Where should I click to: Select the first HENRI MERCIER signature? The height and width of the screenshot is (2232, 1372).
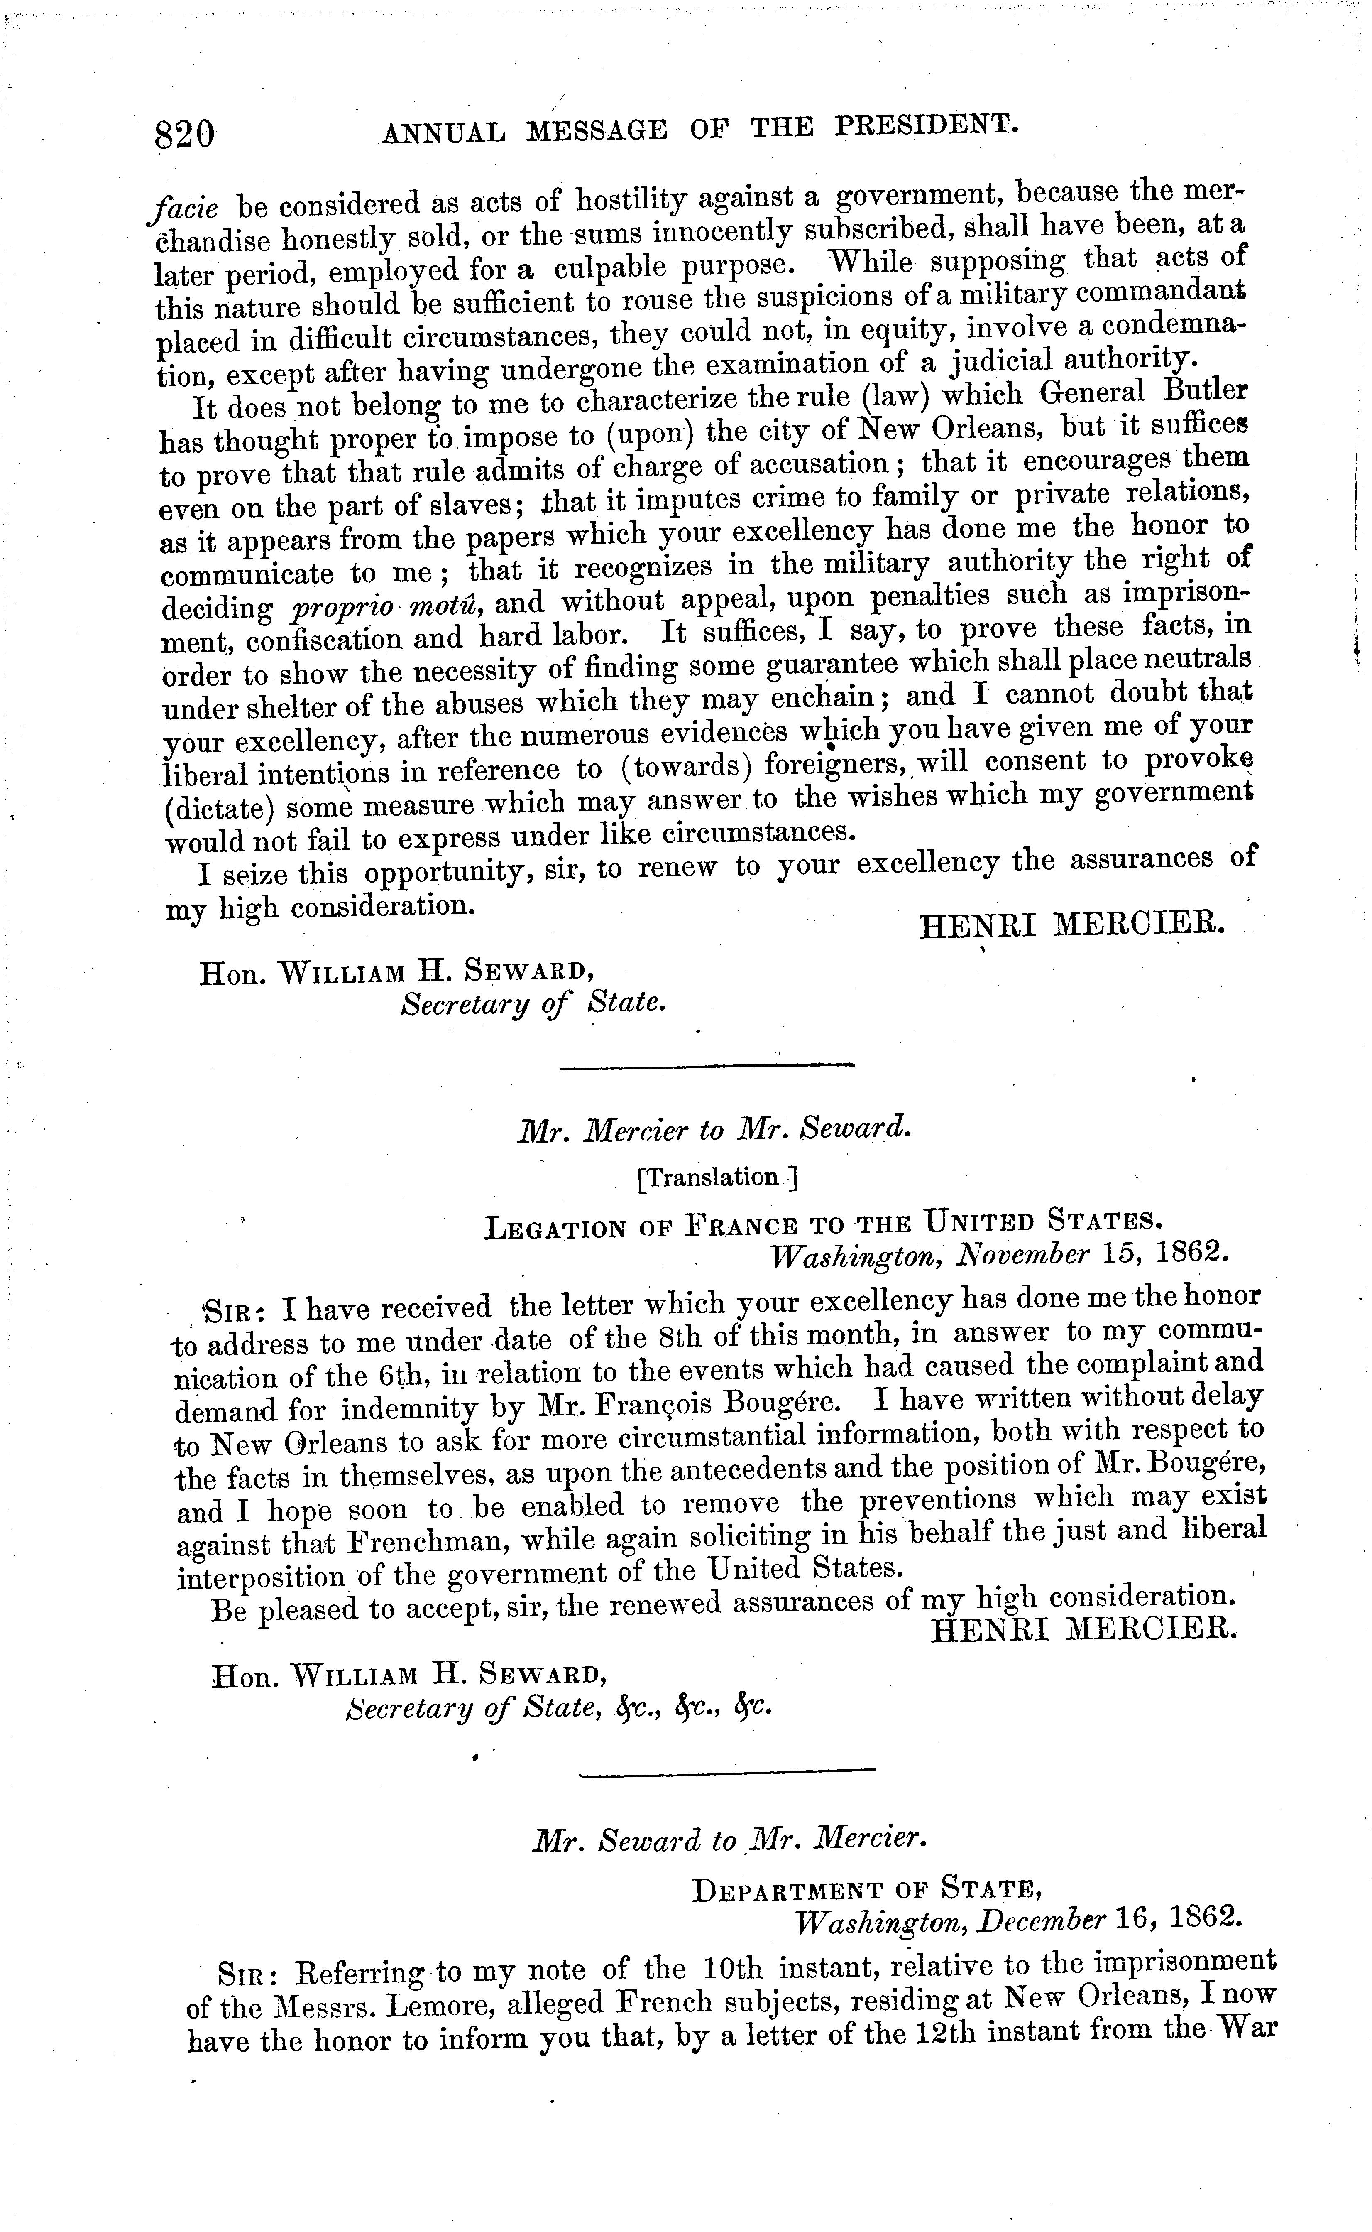pos(1073,925)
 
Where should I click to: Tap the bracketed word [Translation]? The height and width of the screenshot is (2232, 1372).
pos(717,1178)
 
